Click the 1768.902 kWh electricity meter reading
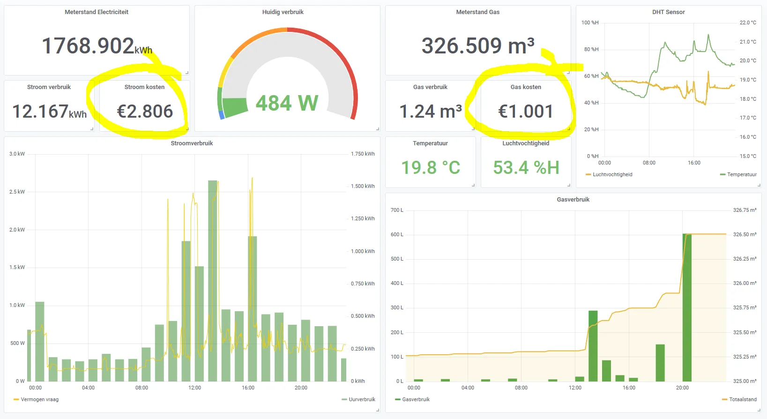[x=97, y=46]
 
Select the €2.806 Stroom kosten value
[x=145, y=112]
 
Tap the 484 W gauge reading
[x=287, y=103]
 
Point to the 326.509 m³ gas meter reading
[x=478, y=46]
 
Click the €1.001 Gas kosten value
[x=526, y=112]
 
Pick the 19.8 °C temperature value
[x=431, y=168]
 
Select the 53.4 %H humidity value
[x=526, y=168]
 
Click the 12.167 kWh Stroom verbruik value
[x=49, y=112]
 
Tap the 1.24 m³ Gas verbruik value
[x=431, y=112]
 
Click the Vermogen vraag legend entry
[x=39, y=400]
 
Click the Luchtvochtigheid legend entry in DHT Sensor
[x=612, y=175]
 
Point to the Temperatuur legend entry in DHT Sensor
[x=742, y=175]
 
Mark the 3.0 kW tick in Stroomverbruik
[x=17, y=154]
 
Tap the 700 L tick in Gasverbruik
[x=397, y=210]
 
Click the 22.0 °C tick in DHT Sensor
[x=748, y=23]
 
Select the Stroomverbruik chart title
[x=192, y=143]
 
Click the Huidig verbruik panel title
[x=283, y=12]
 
